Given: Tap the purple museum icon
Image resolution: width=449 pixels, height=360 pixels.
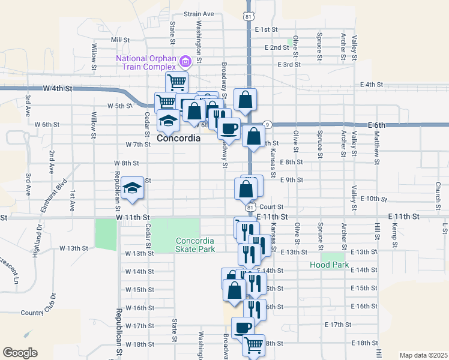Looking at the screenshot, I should tap(185, 60).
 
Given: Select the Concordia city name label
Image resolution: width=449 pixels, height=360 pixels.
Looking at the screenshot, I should tap(178, 138).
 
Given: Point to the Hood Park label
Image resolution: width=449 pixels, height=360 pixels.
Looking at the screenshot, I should tap(329, 265).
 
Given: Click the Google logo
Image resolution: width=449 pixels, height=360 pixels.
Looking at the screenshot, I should tap(20, 352).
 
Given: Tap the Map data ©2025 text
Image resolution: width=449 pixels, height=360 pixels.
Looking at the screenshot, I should tap(423, 355).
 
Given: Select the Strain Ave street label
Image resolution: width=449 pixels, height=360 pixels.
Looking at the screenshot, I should tap(199, 14).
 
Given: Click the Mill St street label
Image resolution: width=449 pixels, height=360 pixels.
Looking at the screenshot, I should tap(121, 40).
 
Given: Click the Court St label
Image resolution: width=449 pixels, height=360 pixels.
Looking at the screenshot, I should tap(271, 206).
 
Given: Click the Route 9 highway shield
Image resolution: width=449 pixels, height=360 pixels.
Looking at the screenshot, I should tap(267, 124).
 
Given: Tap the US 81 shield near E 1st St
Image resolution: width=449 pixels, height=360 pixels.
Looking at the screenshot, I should tap(248, 17).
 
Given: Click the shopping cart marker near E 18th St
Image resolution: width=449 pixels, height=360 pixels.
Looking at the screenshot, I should tap(254, 345).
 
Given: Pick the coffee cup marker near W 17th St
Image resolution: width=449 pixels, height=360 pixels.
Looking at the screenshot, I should tap(243, 328).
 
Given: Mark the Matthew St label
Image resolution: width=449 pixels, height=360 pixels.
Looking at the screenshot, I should tap(376, 146).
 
